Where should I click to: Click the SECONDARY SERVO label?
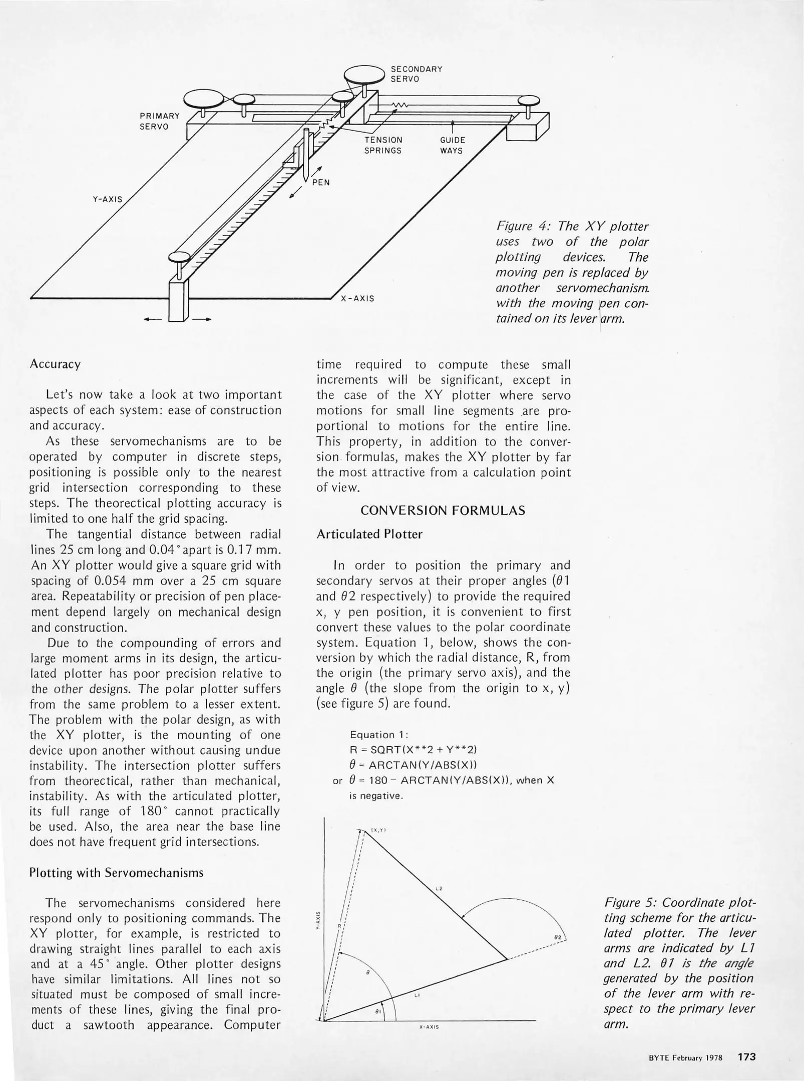point(416,74)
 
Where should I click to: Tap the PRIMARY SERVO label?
point(159,121)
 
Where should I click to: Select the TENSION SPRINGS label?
point(383,145)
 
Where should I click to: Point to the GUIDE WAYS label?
point(452,145)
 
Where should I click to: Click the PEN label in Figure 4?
point(321,183)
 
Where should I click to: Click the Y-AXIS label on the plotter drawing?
point(107,199)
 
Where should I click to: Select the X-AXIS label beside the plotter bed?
point(357,299)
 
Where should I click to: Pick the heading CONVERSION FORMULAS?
point(443,510)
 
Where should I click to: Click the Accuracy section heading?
point(55,364)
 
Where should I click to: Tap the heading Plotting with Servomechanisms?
point(116,873)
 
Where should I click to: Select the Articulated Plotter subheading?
point(369,534)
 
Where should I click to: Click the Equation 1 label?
point(379,735)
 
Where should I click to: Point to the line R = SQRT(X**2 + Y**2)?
point(413,750)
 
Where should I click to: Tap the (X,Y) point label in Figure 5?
point(378,830)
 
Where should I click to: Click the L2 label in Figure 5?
point(439,889)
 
